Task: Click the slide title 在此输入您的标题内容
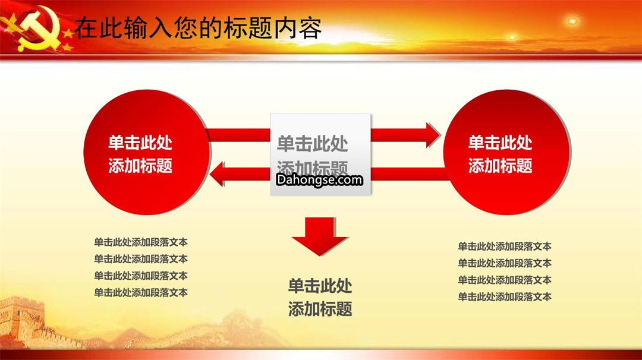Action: (x=198, y=28)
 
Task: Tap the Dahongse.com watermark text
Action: (x=319, y=179)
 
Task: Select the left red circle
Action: (x=147, y=152)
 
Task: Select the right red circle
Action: (x=506, y=152)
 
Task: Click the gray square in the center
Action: (x=320, y=154)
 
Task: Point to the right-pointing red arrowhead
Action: (x=433, y=135)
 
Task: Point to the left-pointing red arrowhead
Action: (x=217, y=174)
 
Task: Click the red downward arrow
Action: (x=320, y=236)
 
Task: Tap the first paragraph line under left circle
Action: (x=141, y=242)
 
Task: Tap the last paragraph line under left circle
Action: (x=141, y=292)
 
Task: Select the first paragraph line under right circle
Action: (x=505, y=247)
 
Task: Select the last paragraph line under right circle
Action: (x=505, y=296)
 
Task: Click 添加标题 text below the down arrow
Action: (x=320, y=309)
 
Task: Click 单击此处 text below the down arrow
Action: (x=320, y=286)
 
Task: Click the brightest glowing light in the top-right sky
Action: (x=572, y=20)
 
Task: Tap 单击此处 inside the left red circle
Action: (x=140, y=143)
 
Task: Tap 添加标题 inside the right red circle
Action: (x=501, y=166)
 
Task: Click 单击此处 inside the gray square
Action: (x=313, y=144)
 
